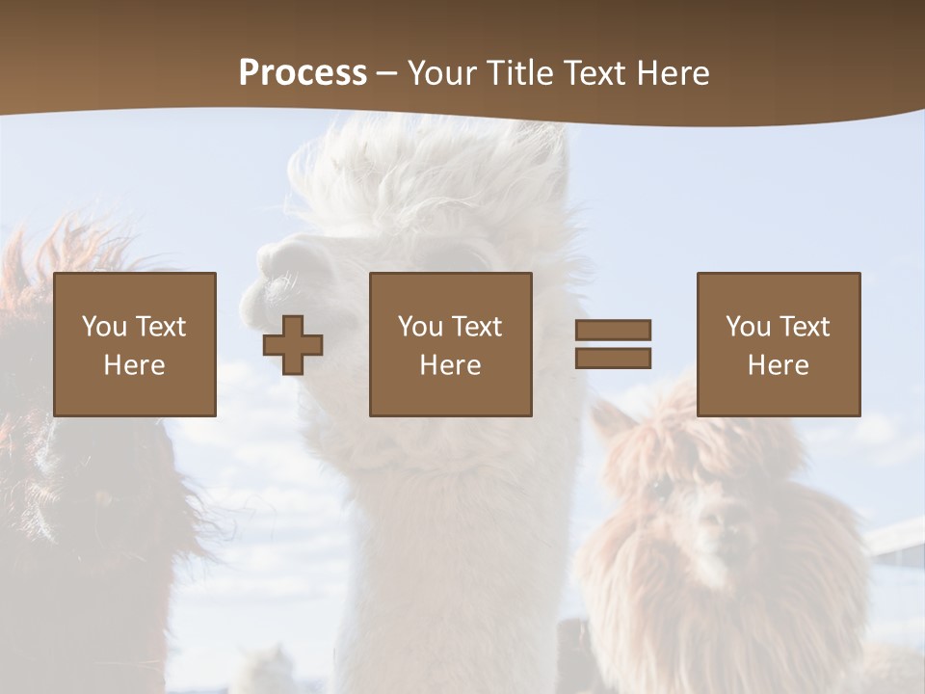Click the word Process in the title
click(303, 73)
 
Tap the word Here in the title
click(671, 73)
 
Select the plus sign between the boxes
click(293, 345)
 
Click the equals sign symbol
click(613, 344)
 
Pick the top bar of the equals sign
click(613, 331)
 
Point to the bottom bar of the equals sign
click(613, 358)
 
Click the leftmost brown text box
click(135, 344)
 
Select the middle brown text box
click(450, 344)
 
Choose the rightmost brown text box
click(778, 344)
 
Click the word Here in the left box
click(134, 365)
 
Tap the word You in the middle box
click(420, 327)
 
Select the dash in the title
click(386, 73)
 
